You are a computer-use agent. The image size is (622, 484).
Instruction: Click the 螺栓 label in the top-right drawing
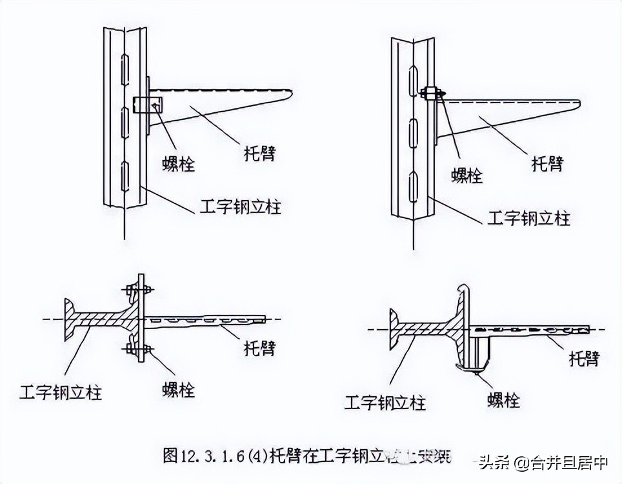[x=466, y=174]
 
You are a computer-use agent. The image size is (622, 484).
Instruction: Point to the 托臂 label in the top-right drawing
[x=547, y=163]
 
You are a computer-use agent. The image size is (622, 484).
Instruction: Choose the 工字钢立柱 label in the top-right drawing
[x=528, y=217]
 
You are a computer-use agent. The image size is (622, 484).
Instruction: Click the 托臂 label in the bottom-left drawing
[x=259, y=348]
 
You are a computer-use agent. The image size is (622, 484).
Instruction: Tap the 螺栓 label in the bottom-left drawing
[x=177, y=390]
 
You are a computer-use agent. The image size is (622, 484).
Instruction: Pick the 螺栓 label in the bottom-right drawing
[x=503, y=399]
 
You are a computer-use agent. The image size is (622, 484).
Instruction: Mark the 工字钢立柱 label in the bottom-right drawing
[x=385, y=403]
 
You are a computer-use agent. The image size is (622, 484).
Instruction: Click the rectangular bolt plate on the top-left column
[x=148, y=104]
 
